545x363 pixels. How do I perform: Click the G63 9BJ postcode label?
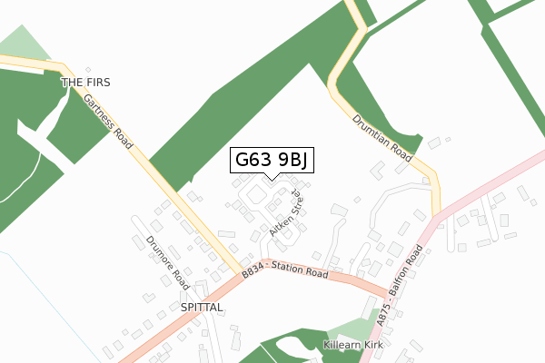272,161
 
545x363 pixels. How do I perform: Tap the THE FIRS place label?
85,83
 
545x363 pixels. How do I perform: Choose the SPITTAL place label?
202,308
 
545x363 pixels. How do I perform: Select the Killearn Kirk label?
356,347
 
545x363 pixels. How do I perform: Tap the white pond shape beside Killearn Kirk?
292,346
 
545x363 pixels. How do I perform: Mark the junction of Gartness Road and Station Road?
243,273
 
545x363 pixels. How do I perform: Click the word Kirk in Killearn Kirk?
375,347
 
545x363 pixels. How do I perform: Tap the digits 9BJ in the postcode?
292,161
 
